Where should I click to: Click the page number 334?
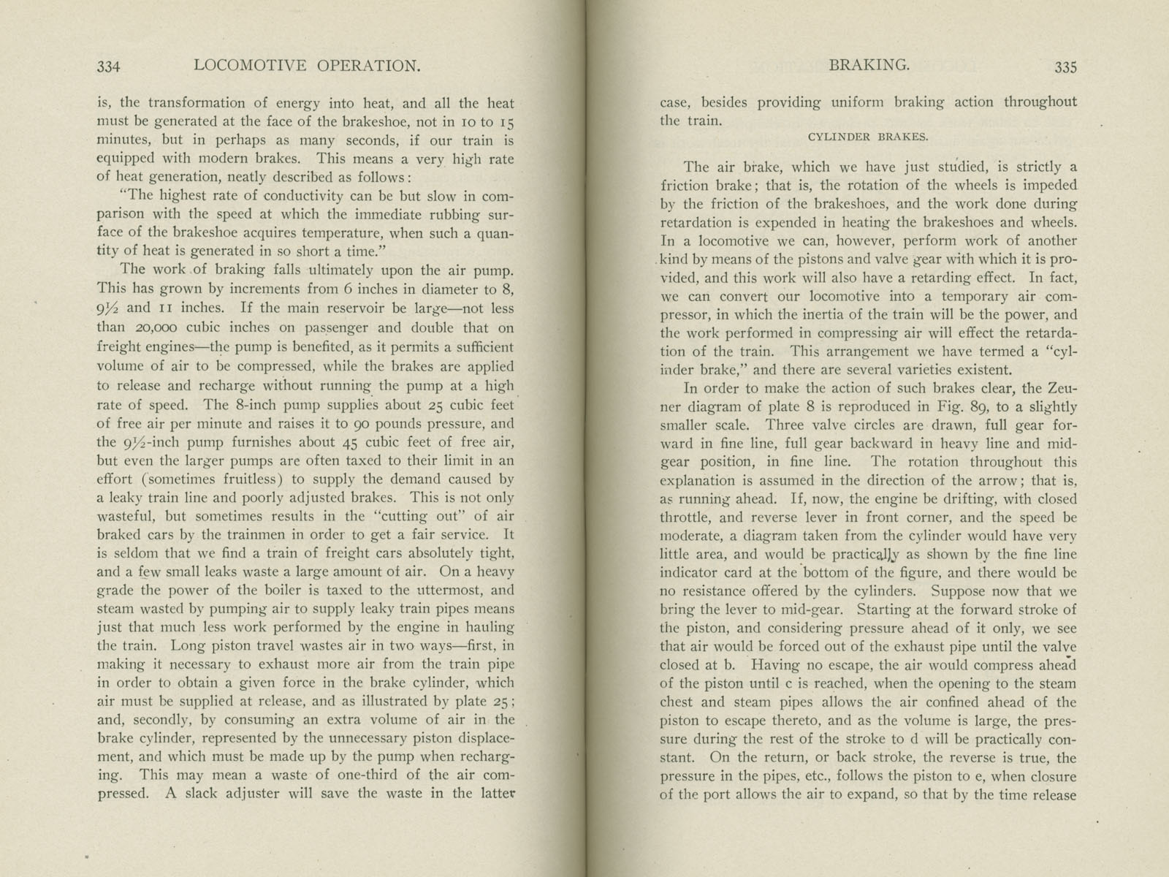point(108,67)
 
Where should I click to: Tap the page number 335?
point(1065,67)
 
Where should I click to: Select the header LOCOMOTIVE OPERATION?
point(308,66)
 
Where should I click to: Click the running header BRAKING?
point(869,65)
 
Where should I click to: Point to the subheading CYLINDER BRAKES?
point(868,137)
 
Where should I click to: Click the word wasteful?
point(124,517)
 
